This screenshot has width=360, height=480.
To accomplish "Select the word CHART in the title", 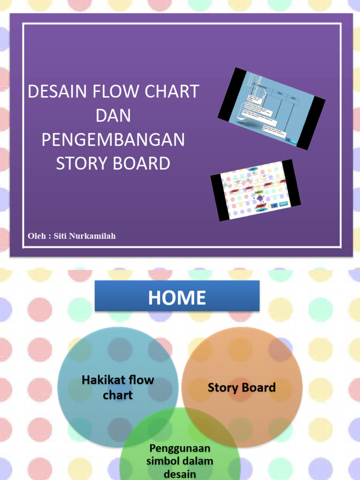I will (173, 91).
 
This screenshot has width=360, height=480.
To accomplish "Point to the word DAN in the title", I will (113, 116).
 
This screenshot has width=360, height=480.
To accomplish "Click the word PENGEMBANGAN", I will (113, 140).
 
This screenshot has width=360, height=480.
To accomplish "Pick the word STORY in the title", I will (80, 164).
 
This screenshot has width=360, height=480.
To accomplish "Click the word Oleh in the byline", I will (37, 236).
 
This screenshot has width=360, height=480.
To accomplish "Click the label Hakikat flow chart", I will (118, 387).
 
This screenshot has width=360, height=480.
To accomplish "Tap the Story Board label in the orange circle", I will (241, 388).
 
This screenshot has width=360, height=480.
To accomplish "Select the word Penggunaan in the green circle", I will (180, 450).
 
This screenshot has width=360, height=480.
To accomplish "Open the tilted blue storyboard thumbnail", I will (271, 108).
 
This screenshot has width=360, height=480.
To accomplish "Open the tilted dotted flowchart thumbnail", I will (255, 190).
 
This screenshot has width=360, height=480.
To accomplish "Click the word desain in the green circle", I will (180, 473).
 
